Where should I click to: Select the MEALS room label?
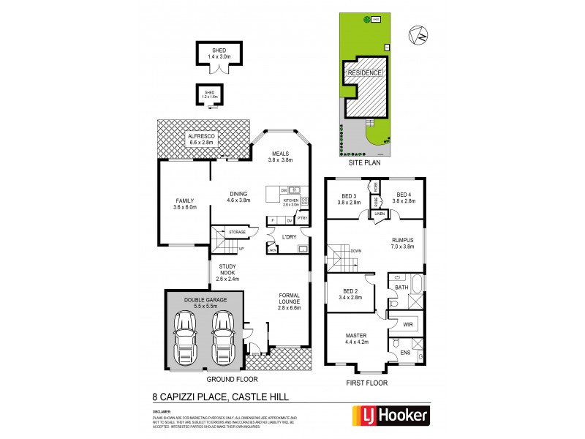pyautogui.click(x=279, y=157)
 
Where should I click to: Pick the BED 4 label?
pyautogui.click(x=403, y=198)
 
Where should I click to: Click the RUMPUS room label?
pyautogui.click(x=402, y=243)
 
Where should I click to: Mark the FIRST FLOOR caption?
pyautogui.click(x=369, y=383)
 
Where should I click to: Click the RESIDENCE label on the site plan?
pyautogui.click(x=363, y=74)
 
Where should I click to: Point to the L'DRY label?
pyautogui.click(x=285, y=236)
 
